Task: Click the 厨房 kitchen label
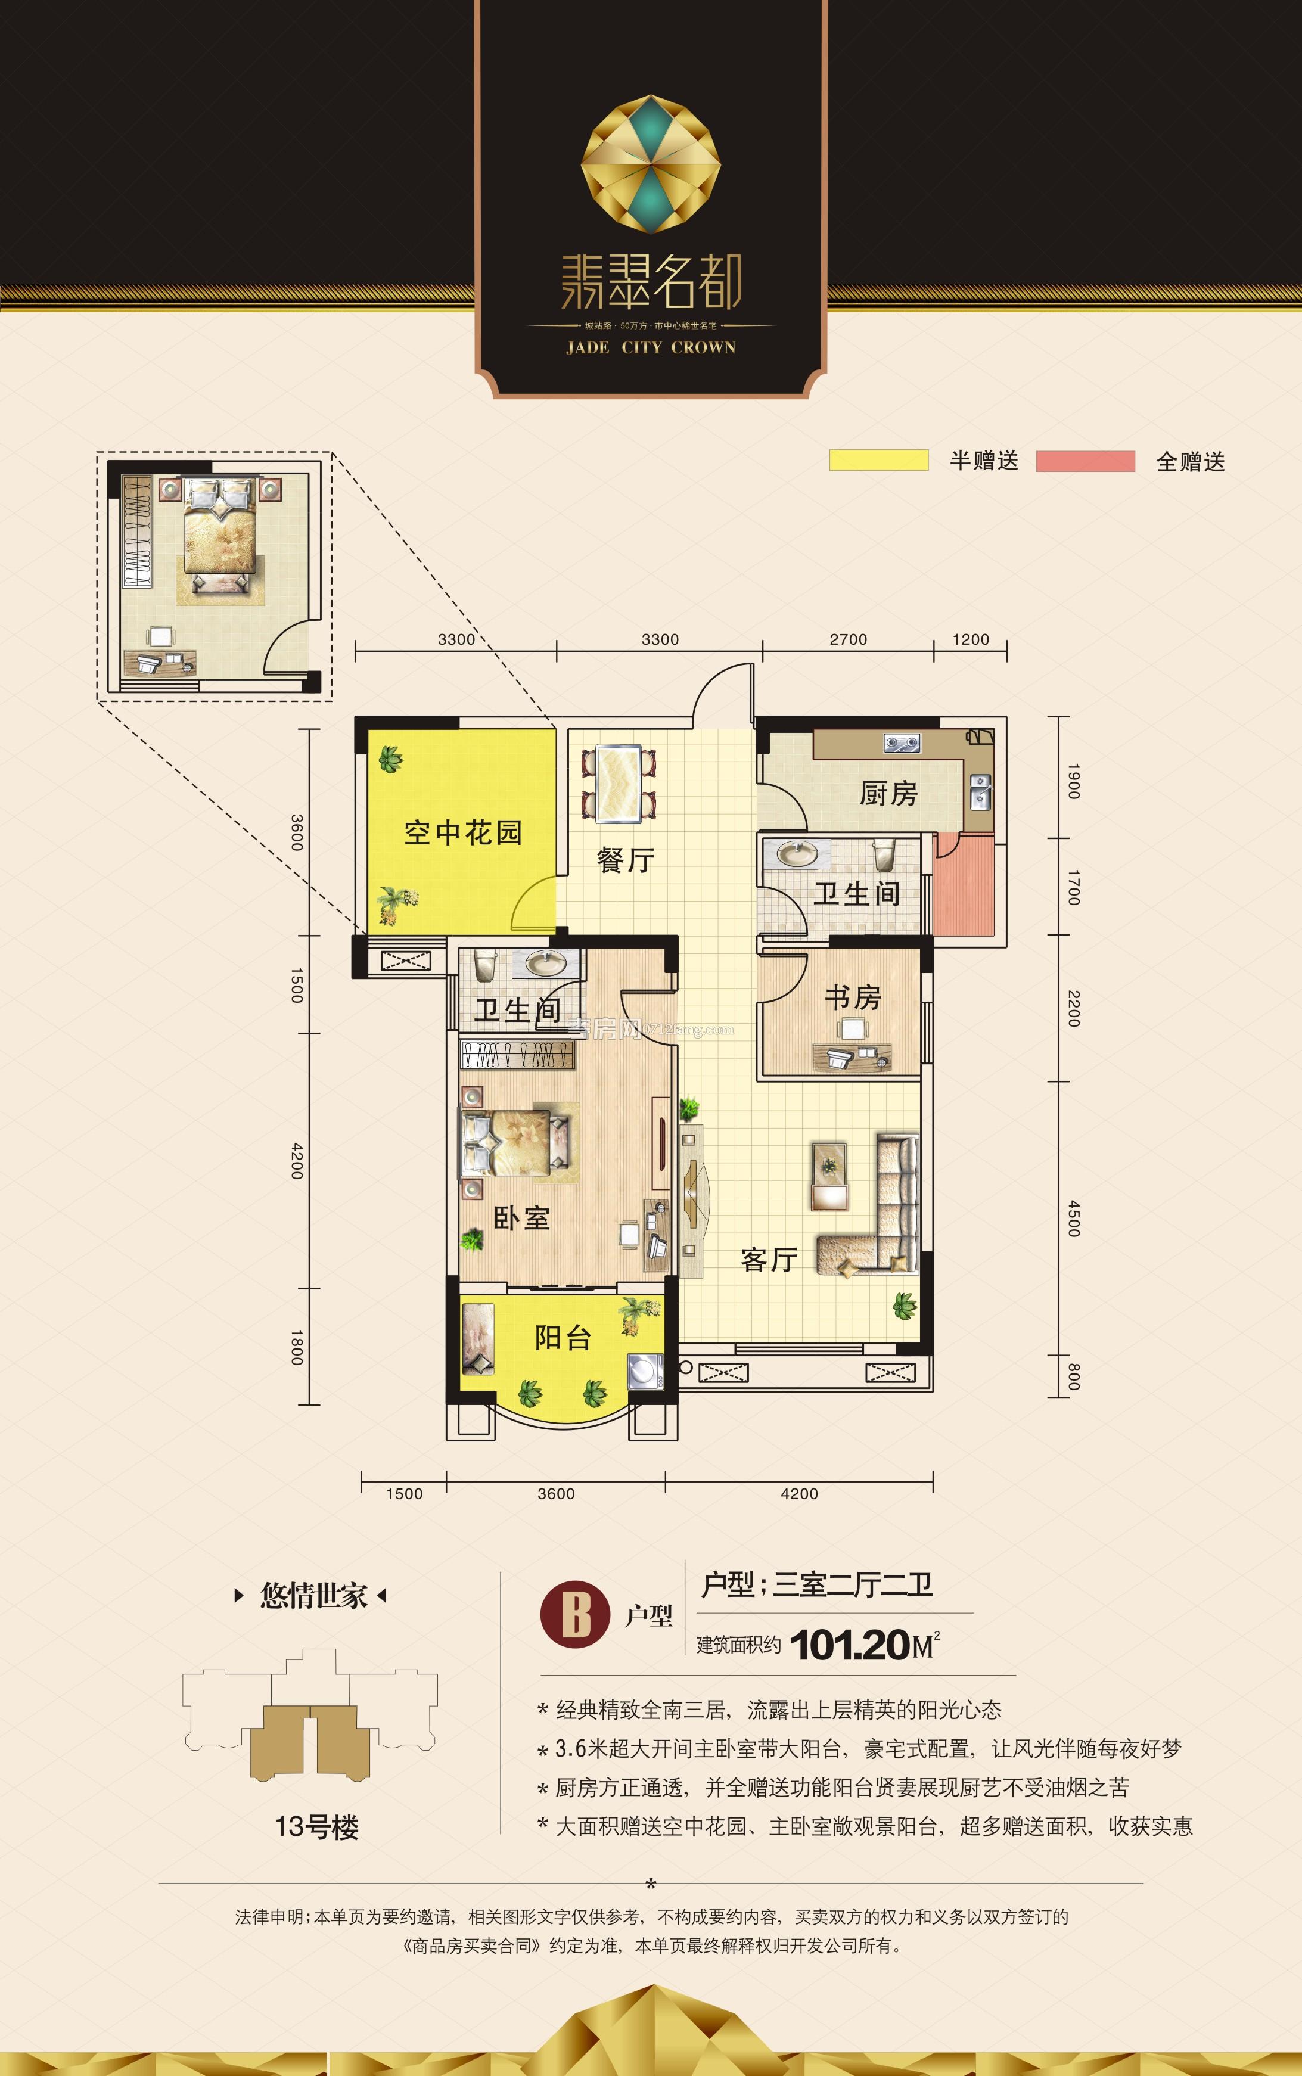(888, 793)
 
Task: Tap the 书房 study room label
(853, 997)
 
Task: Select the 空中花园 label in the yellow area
(462, 832)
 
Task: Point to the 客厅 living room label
(768, 1260)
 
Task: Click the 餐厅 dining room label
(625, 859)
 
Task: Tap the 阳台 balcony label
(563, 1337)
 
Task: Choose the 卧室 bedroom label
(521, 1219)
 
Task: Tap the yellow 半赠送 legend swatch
(878, 461)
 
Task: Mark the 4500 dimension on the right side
(1073, 1219)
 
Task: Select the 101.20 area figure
(849, 1645)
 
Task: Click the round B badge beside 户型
(575, 1616)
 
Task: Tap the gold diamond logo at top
(650, 164)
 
